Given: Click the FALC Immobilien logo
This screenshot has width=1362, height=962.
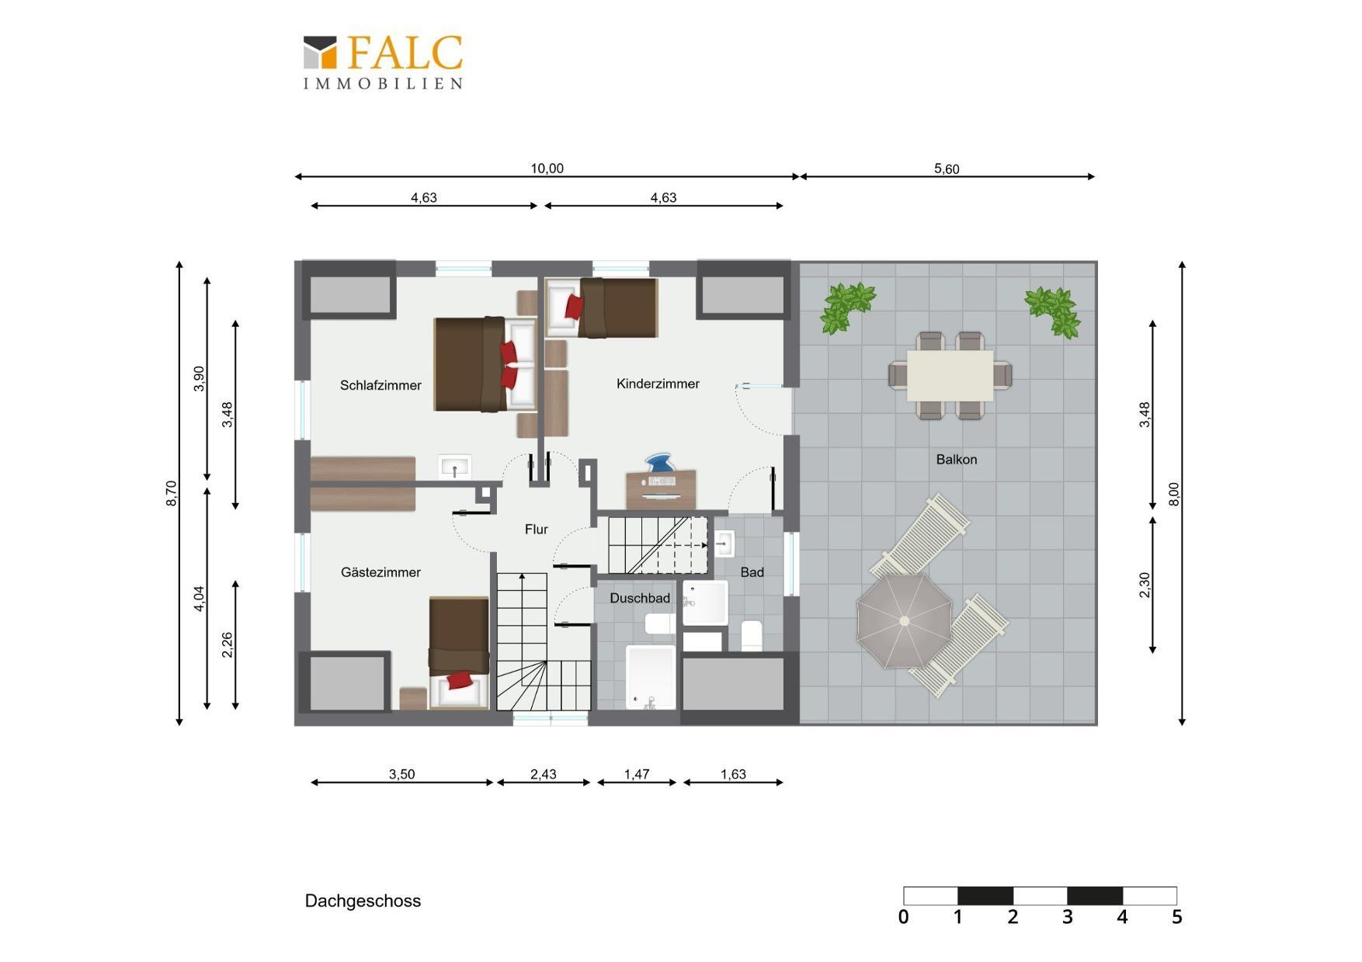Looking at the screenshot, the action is pos(383,62).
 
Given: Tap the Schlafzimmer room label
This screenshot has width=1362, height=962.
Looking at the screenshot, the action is pos(380,385).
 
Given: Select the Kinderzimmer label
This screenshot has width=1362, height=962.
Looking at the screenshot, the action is pos(658,384).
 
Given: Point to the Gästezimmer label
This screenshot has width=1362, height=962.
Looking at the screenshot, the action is pos(380,572).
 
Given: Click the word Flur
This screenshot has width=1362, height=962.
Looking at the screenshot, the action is pos(537,530).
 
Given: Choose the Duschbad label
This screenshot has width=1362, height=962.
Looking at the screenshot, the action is pos(640,598).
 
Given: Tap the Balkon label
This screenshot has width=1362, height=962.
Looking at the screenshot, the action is pos(957,460).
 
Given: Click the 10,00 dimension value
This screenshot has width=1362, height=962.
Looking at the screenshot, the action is pos(547,168).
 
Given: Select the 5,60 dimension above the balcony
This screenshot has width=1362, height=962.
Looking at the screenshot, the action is pos(947,169).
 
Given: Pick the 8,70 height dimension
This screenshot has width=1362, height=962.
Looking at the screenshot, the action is pos(172,493).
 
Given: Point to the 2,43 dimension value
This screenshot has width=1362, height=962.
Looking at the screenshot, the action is pos(544,774).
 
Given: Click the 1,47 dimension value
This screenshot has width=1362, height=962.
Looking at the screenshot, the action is pos(637,774).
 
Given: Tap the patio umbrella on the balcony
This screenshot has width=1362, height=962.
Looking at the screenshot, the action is pos(904,620).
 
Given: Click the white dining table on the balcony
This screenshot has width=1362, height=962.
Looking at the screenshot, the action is pos(950,375).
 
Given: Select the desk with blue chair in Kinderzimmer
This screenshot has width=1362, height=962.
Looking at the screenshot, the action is pos(661,482).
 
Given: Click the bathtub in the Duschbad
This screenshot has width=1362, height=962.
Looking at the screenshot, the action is pos(651,677).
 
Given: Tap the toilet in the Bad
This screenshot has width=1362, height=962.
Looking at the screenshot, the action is pos(752,636).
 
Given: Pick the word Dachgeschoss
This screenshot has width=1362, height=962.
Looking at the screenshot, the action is pos(363,901).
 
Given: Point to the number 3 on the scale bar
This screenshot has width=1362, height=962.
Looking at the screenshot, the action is pos(1068,917).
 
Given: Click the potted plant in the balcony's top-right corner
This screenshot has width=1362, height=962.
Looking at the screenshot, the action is pos(1055,310).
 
